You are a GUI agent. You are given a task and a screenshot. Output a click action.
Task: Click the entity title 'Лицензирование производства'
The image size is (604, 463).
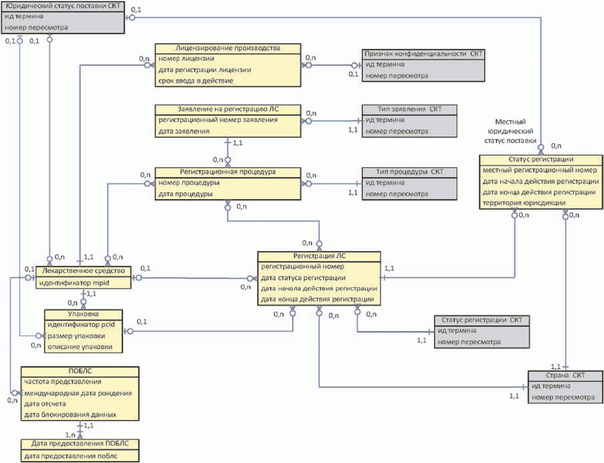[228, 48]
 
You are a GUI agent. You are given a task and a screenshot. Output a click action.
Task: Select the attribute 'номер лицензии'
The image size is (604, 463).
[186, 59]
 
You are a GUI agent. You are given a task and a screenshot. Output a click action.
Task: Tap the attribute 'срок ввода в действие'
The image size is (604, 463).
[196, 81]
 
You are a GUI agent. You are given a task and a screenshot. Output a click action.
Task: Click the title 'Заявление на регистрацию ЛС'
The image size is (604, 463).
[228, 109]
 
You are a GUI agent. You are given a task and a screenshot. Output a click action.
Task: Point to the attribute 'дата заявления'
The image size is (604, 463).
[184, 131]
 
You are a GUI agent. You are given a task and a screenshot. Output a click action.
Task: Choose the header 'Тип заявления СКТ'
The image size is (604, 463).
[409, 109]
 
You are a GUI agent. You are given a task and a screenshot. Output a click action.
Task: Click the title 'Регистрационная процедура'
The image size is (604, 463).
[228, 172]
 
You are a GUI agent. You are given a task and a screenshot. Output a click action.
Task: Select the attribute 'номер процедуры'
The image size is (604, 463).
[189, 183]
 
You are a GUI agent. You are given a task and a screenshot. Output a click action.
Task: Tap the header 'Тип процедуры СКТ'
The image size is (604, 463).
[409, 172]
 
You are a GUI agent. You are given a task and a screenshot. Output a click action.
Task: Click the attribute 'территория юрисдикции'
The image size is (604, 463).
[524, 203]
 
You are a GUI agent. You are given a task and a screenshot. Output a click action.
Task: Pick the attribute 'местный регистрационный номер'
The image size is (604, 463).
[540, 170]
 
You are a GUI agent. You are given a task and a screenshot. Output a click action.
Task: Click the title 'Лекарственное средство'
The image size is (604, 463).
[83, 271]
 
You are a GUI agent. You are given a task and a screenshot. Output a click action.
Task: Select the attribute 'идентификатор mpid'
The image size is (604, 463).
[74, 283]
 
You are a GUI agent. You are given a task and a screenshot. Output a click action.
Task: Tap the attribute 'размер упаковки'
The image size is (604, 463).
[76, 336]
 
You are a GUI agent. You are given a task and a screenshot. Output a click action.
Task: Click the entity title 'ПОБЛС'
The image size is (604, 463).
[80, 371]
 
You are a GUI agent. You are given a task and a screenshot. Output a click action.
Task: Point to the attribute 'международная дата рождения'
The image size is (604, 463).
[78, 393]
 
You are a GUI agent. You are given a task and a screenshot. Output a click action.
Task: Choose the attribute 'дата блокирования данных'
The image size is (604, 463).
[70, 415]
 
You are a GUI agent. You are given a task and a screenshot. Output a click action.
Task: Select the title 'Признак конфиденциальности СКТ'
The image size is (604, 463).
[423, 54]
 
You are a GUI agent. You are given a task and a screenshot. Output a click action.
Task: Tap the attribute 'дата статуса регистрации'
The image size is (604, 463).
[303, 278]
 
